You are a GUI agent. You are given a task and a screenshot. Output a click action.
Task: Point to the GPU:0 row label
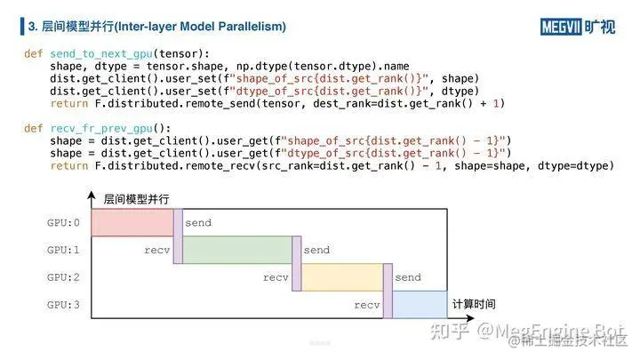(64, 223)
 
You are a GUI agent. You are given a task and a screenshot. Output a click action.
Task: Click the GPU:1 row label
(64, 251)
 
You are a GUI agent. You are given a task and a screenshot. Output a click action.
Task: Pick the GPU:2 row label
(64, 278)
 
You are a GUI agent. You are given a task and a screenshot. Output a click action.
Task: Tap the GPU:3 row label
(64, 306)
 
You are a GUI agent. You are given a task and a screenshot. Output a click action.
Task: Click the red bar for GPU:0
(132, 223)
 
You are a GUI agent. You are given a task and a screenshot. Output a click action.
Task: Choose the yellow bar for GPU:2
(342, 278)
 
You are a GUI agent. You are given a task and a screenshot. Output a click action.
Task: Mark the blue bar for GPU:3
(420, 305)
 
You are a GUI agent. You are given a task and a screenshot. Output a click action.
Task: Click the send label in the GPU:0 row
(198, 223)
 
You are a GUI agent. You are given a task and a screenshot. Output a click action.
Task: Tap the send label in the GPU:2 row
(408, 278)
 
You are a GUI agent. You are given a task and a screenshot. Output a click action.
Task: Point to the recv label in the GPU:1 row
(156, 251)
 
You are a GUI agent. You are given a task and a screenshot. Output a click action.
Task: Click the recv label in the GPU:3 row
(366, 306)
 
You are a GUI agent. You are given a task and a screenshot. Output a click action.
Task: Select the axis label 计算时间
(474, 303)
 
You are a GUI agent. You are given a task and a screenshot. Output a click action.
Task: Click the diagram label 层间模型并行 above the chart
(136, 197)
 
